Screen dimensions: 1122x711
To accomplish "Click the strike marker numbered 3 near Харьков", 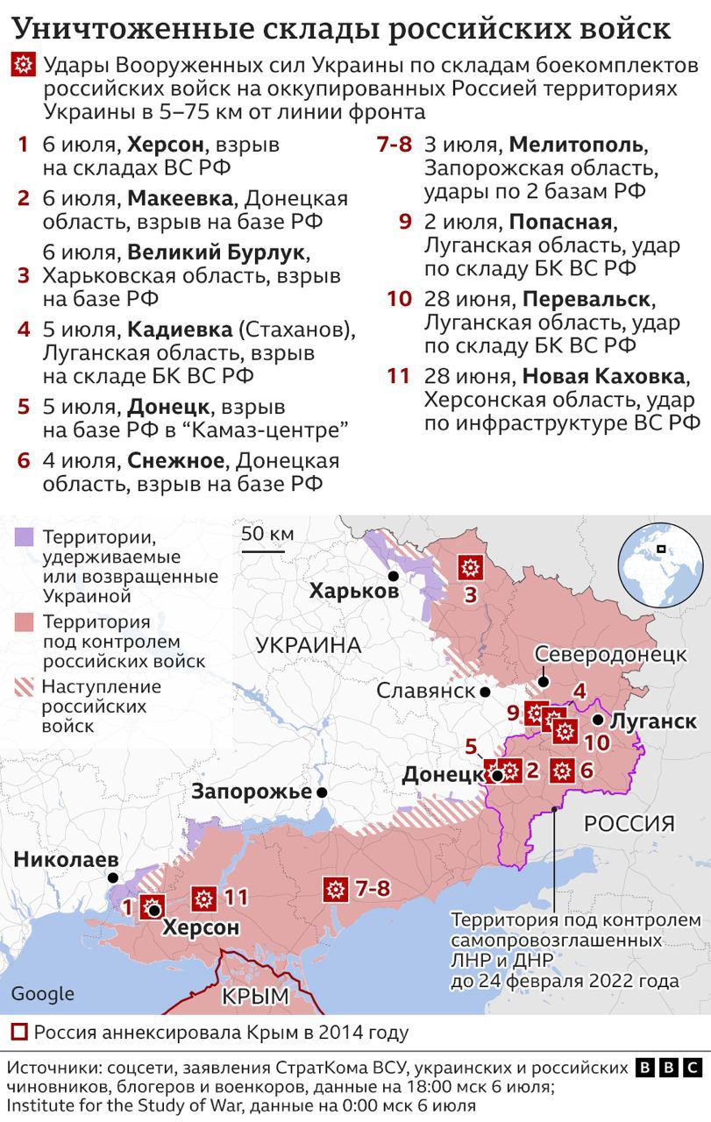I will click(471, 567).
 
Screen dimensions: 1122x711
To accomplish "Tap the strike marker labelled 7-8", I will click(335, 890).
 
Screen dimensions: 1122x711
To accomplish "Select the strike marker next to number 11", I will click(203, 898).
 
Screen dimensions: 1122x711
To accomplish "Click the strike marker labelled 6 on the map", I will click(562, 771).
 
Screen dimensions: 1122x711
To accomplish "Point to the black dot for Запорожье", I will click(323, 792).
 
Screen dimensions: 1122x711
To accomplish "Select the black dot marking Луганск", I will click(597, 720).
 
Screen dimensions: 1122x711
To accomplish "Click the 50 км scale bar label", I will click(267, 534).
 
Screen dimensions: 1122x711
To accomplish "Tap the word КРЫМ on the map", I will click(255, 996).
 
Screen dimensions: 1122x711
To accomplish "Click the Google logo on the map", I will click(42, 993).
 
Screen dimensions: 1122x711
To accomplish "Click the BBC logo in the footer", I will click(669, 1068).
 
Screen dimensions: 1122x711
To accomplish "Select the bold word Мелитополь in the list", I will click(576, 145).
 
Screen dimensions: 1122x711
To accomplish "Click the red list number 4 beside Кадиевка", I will click(24, 330).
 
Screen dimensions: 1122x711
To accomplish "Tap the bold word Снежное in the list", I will click(176, 461).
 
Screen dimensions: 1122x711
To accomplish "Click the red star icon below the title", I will click(23, 65).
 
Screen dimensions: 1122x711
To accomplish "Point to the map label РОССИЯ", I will click(629, 823).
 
